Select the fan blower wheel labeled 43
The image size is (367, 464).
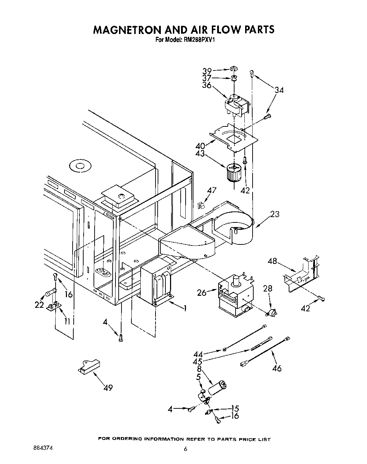[x=233, y=172]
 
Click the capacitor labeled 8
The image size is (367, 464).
[x=217, y=387]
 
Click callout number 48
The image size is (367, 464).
[x=272, y=261]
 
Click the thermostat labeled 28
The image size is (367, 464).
[x=271, y=312]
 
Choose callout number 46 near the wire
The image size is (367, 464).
[x=277, y=368]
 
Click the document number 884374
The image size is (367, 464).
[x=43, y=448]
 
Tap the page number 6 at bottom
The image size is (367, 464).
[x=185, y=449]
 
